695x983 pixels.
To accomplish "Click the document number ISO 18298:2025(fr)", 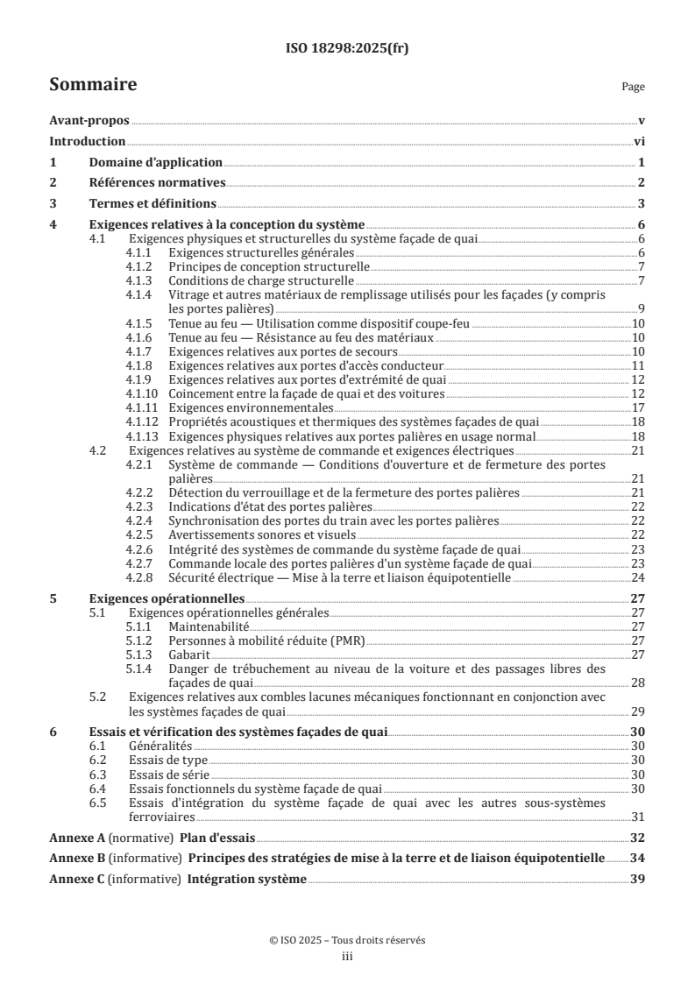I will pos(347,49).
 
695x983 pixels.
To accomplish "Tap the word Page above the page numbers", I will pos(633,87).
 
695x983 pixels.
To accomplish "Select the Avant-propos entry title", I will pos(89,122).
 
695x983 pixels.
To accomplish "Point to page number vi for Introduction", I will pos(639,142).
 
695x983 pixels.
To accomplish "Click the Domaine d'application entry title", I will pos(155,163).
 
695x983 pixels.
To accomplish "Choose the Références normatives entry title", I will pos(158,183).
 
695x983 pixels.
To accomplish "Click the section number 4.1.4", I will pos(138,295).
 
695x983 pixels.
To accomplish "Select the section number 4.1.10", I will pos(141,395).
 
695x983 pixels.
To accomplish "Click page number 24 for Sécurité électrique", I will pos(638,578).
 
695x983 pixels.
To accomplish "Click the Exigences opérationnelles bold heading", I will pos(155,599).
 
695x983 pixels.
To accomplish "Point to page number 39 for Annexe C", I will pos(638,879).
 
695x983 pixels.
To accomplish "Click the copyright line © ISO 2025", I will pos(347,939).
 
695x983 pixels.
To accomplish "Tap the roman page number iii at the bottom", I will pos(347,957).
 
